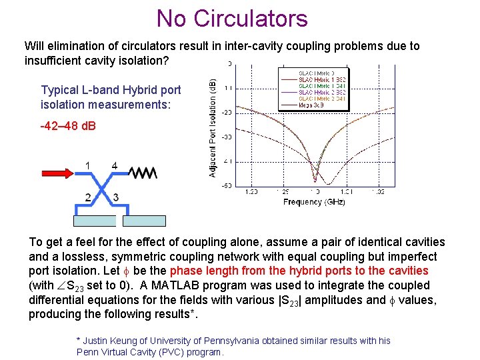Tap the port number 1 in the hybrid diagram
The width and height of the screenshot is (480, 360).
[x=88, y=165]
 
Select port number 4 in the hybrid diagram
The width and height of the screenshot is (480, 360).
[x=115, y=165]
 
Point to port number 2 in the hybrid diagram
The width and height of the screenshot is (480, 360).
[x=88, y=197]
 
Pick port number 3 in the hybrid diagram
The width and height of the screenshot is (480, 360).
[x=115, y=197]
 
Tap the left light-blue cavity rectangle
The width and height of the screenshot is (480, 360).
[x=93, y=222]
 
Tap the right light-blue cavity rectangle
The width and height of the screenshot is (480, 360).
[x=145, y=222]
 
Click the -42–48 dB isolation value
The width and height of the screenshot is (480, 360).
[x=69, y=125]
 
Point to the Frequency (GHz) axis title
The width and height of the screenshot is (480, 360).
[x=314, y=201]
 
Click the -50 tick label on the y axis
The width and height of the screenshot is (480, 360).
[x=227, y=186]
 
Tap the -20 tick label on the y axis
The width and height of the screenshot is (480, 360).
[x=227, y=112]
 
